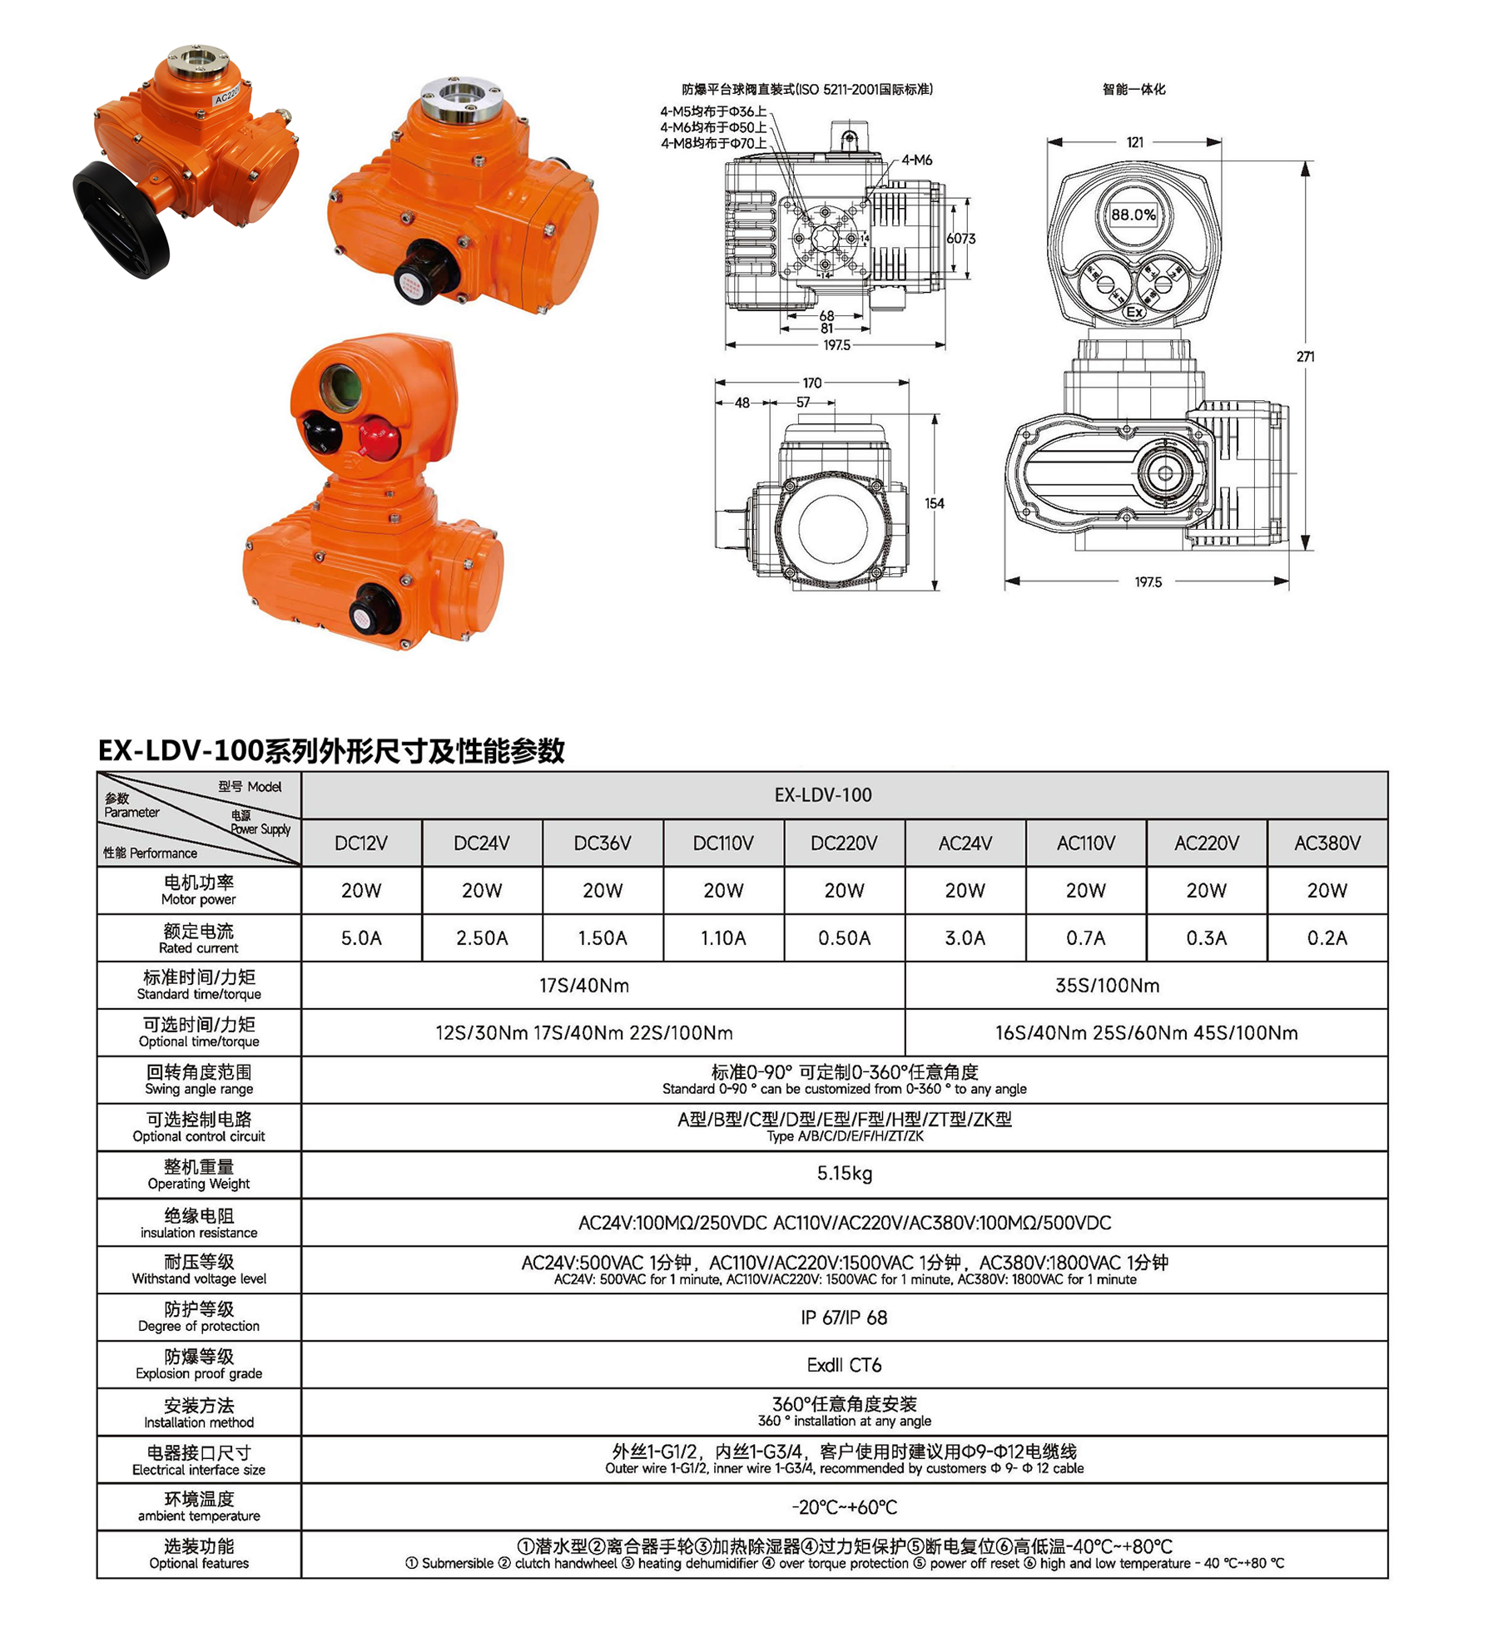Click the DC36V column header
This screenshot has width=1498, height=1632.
point(603,843)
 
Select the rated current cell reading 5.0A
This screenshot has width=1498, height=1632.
point(361,937)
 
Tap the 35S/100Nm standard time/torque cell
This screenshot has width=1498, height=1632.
point(1107,985)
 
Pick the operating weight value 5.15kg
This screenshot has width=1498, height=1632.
point(844,1173)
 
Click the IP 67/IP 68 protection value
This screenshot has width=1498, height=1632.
point(844,1317)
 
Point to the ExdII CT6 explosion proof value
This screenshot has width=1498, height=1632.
point(844,1364)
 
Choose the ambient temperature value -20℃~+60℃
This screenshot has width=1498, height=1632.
point(844,1506)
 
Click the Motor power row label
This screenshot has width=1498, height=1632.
point(199,890)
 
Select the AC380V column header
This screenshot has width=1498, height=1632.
point(1327,843)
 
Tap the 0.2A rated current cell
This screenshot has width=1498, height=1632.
point(1327,937)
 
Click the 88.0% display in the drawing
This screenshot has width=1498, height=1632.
point(1133,215)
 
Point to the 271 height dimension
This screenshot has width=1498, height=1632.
point(1305,356)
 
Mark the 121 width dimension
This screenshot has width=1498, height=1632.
point(1134,142)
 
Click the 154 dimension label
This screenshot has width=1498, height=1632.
point(934,503)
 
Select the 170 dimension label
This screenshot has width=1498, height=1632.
point(811,383)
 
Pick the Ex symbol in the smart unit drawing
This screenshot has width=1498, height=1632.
point(1134,312)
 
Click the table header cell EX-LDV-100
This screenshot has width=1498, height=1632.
point(822,794)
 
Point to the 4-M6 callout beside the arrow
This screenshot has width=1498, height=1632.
point(917,160)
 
